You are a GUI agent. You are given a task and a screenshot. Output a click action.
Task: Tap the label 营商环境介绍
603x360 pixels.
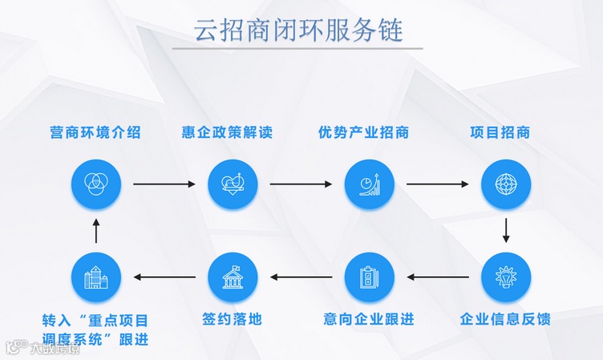95,132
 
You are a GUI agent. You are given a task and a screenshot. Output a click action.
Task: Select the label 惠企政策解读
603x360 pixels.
233,132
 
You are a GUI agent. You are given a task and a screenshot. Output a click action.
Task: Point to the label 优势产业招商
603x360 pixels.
370,132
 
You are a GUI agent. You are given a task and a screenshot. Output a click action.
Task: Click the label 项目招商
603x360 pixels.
506,132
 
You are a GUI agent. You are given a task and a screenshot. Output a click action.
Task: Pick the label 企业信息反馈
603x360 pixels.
506,319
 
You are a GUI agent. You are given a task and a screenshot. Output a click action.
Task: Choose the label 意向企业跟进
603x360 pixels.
370,319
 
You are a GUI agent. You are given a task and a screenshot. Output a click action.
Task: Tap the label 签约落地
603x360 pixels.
233,319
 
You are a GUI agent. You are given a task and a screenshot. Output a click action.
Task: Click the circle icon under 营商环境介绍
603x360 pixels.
95,184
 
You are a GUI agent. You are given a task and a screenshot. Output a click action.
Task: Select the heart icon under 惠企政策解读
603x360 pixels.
233,184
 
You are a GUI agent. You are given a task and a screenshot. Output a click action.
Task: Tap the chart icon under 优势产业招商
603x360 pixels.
370,184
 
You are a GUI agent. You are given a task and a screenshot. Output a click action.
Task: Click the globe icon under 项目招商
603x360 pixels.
506,184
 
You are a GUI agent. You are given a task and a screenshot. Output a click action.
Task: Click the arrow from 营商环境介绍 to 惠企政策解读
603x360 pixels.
164,184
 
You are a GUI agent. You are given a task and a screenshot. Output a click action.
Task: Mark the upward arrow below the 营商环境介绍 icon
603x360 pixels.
95,231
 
